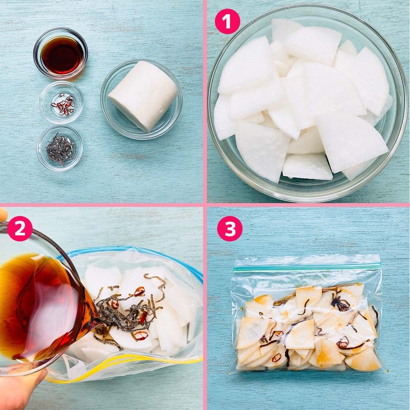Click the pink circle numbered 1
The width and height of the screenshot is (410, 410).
click(x=227, y=21)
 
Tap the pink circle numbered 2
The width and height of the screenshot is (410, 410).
click(x=20, y=228)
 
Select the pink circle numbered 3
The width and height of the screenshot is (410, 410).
click(x=230, y=229)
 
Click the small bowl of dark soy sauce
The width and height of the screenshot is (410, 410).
click(x=60, y=54)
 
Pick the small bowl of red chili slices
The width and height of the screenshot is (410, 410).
click(x=61, y=103)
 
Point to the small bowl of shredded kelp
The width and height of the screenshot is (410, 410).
click(x=60, y=148)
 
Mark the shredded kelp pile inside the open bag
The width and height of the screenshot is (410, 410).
click(x=126, y=312)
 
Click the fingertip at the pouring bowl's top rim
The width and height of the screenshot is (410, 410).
click(x=3, y=214)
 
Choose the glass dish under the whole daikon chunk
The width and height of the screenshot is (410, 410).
click(x=142, y=99)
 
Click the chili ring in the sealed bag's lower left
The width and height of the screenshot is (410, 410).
click(x=276, y=357)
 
